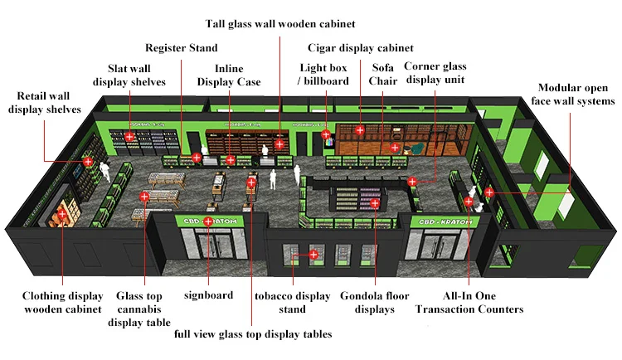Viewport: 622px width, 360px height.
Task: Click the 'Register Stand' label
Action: (x=181, y=48)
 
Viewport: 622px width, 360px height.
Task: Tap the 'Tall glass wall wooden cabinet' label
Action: (x=280, y=24)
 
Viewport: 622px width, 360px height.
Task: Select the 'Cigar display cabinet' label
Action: (x=360, y=48)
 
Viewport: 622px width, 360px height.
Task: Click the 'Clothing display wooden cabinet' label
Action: (x=62, y=303)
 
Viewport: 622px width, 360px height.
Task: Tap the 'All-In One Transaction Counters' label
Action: (x=469, y=303)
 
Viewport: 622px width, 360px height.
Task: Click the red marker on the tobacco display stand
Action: (x=313, y=255)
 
